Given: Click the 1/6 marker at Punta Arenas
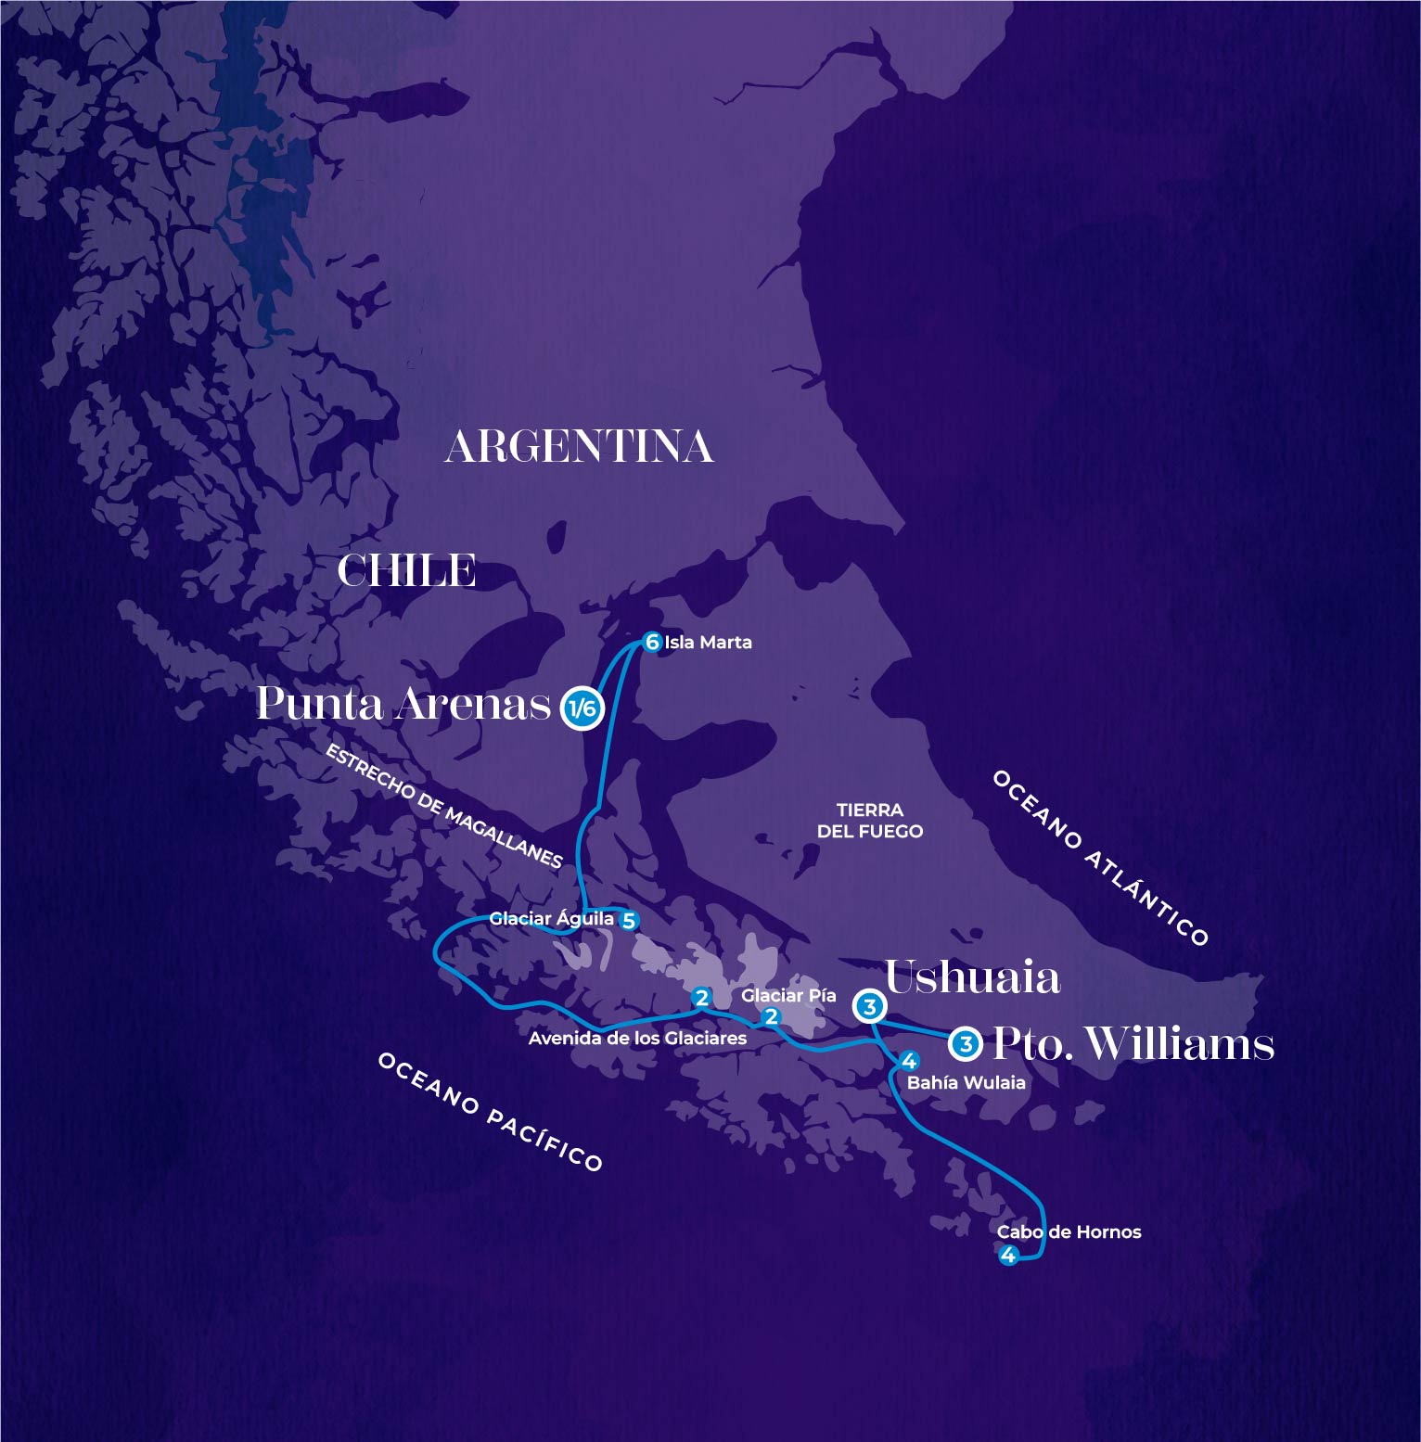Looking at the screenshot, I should pyautogui.click(x=582, y=709).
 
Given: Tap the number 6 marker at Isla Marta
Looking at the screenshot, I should pyautogui.click(x=652, y=642).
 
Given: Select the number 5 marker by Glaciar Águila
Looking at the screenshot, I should pyautogui.click(x=629, y=921).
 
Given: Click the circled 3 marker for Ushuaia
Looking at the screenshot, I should pyautogui.click(x=870, y=1006).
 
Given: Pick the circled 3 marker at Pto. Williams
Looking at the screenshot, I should pyautogui.click(x=967, y=1044).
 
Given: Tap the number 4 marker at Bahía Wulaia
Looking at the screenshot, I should pyautogui.click(x=909, y=1061).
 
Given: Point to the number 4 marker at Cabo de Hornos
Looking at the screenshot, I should pyautogui.click(x=1008, y=1256).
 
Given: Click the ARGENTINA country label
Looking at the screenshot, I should pyautogui.click(x=580, y=447).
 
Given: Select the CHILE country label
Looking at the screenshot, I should pyautogui.click(x=406, y=571).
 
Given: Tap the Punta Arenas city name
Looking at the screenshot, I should pyautogui.click(x=403, y=704).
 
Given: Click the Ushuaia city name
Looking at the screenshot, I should pyautogui.click(x=972, y=977).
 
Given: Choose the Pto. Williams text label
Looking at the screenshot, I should pyautogui.click(x=1133, y=1044).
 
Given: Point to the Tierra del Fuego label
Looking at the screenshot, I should pyautogui.click(x=869, y=821).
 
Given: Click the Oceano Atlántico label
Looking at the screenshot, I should pyautogui.click(x=1101, y=858).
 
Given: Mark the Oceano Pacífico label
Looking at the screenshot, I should pyautogui.click(x=490, y=1112).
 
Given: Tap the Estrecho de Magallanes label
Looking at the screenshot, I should pyautogui.click(x=444, y=807).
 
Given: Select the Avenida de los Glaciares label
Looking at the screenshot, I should pyautogui.click(x=637, y=1039).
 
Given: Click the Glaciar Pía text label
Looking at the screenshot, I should pyautogui.click(x=788, y=995).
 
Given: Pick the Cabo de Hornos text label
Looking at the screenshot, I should pyautogui.click(x=1069, y=1231).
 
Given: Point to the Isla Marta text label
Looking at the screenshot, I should pyautogui.click(x=708, y=642).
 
